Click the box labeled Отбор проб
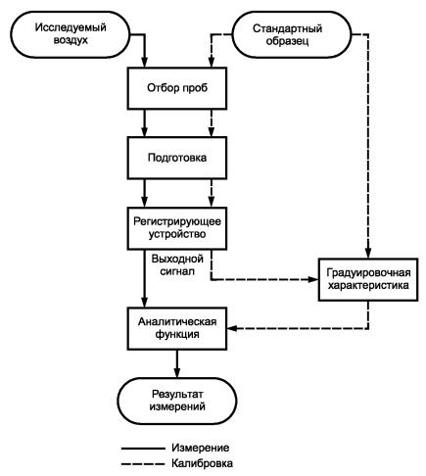coord(177,88)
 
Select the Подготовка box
coord(177,158)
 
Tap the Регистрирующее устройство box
coord(177,228)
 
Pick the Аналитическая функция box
coord(177,328)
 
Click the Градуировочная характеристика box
coord(368,279)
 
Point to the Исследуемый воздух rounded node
coord(71,34)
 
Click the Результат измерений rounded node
coord(177,401)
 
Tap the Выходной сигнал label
coord(177,265)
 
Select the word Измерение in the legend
coord(200,448)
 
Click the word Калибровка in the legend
coord(202,463)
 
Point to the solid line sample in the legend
coord(143,449)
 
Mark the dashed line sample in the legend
coord(143,464)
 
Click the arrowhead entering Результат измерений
coord(177,372)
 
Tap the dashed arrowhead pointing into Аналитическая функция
coord(232,328)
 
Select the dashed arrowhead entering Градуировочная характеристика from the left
coord(312,279)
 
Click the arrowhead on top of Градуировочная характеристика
coord(368,253)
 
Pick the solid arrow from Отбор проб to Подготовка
coord(145,123)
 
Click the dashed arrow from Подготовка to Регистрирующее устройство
coord(212,193)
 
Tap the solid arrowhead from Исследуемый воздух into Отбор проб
coord(145,62)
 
